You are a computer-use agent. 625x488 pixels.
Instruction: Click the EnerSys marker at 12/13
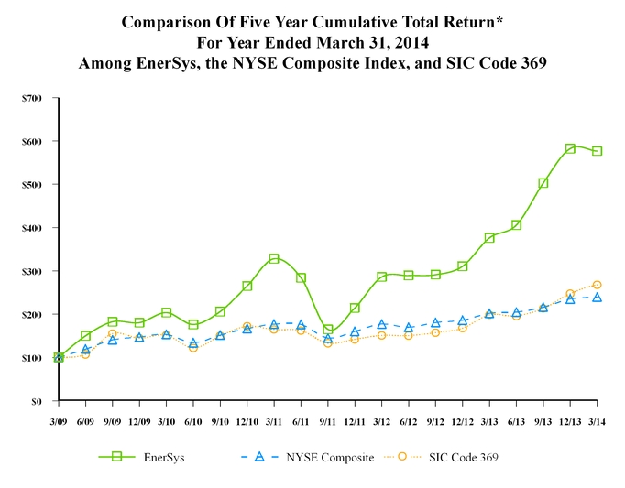[x=570, y=148]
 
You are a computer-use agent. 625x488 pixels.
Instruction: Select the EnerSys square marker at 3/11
[x=274, y=258]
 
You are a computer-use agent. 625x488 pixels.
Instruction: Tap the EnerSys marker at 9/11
[x=327, y=330]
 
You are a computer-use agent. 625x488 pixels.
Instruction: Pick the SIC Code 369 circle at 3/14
[x=597, y=285]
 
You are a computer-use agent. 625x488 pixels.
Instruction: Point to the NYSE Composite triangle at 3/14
[x=597, y=298]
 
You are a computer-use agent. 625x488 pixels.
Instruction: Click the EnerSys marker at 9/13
[x=543, y=183]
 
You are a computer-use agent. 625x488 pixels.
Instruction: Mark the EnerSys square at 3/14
[x=597, y=151]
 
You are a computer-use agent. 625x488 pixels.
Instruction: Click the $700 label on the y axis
[x=32, y=98]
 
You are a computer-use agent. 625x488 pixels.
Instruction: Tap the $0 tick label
[x=38, y=401]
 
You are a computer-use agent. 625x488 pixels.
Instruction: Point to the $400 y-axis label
[x=32, y=228]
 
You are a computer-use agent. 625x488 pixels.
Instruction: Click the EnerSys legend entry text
[x=164, y=457]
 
